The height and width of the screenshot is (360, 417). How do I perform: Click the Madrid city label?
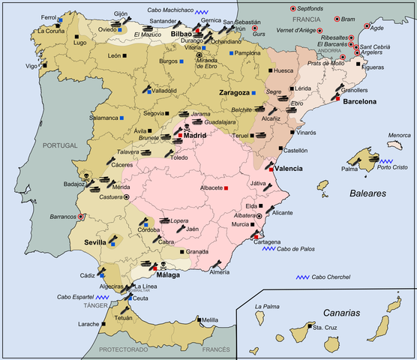pos(195,136)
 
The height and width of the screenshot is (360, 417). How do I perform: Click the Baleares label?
pos(367,193)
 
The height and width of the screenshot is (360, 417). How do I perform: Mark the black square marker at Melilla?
pos(198,319)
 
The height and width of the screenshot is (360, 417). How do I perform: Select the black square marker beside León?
pos(126,55)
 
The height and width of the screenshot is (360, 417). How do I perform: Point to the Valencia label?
pos(289,169)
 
